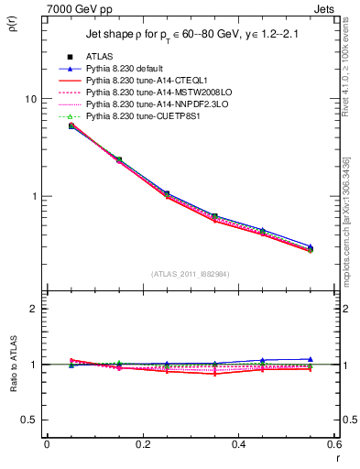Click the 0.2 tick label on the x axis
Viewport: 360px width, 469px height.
point(143,444)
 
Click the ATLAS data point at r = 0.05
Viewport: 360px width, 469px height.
point(71,125)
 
